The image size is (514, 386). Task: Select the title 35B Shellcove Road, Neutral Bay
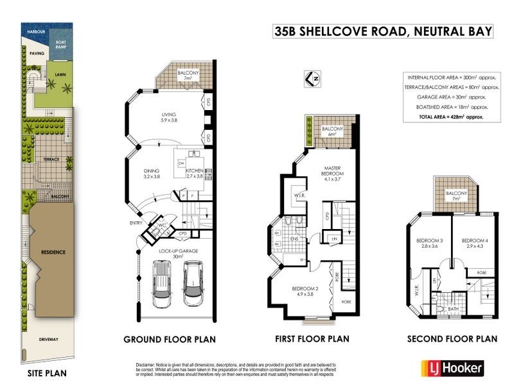click(x=383, y=31)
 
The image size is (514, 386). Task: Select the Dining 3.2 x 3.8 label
click(x=152, y=172)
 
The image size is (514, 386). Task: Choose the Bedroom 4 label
click(x=474, y=244)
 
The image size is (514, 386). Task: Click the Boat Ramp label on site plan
click(x=61, y=44)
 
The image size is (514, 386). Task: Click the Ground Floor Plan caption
click(x=170, y=339)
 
